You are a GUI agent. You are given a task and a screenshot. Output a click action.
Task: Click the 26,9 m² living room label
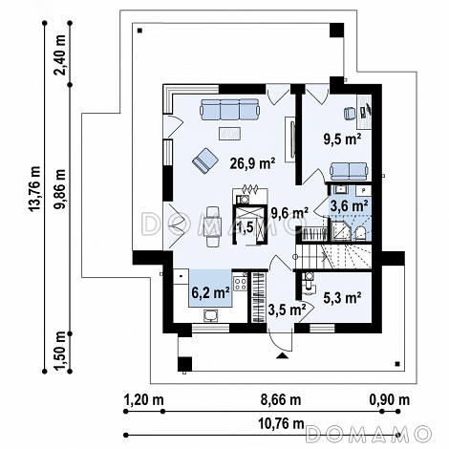pyautogui.click(x=252, y=163)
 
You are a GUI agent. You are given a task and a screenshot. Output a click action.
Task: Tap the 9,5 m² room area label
pyautogui.click(x=342, y=139)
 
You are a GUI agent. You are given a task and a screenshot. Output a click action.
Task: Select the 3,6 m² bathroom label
pyautogui.click(x=350, y=206)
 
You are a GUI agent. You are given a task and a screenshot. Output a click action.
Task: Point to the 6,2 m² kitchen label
pyautogui.click(x=210, y=292)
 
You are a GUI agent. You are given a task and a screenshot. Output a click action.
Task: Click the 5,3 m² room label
pyautogui.click(x=342, y=297)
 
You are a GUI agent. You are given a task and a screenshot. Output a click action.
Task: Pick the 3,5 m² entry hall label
pyautogui.click(x=288, y=310)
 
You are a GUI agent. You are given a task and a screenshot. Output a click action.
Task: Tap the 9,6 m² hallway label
pyautogui.click(x=289, y=212)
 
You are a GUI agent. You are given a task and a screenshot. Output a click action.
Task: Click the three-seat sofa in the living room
pyautogui.click(x=229, y=109)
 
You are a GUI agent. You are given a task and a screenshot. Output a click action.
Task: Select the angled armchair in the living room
pyautogui.click(x=204, y=160)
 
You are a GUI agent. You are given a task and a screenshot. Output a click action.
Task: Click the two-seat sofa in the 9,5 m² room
pyautogui.click(x=349, y=171)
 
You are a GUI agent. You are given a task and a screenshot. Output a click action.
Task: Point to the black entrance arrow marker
pyautogui.click(x=282, y=355)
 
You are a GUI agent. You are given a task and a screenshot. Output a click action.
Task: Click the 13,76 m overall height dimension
pyautogui.click(x=35, y=188)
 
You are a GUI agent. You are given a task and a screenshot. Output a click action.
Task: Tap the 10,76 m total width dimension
pyautogui.click(x=281, y=423)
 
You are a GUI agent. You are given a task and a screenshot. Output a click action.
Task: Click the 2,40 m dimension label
pyautogui.click(x=60, y=54)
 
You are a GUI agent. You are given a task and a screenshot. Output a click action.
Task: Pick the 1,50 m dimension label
pyautogui.click(x=60, y=351)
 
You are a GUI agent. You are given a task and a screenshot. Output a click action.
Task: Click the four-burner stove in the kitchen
pyautogui.click(x=240, y=284)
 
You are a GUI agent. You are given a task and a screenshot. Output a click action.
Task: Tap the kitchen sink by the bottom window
pyautogui.click(x=211, y=316)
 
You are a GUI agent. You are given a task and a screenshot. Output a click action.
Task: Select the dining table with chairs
pyautogui.click(x=213, y=226)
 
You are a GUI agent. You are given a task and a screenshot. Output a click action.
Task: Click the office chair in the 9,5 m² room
pyautogui.click(x=350, y=114)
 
